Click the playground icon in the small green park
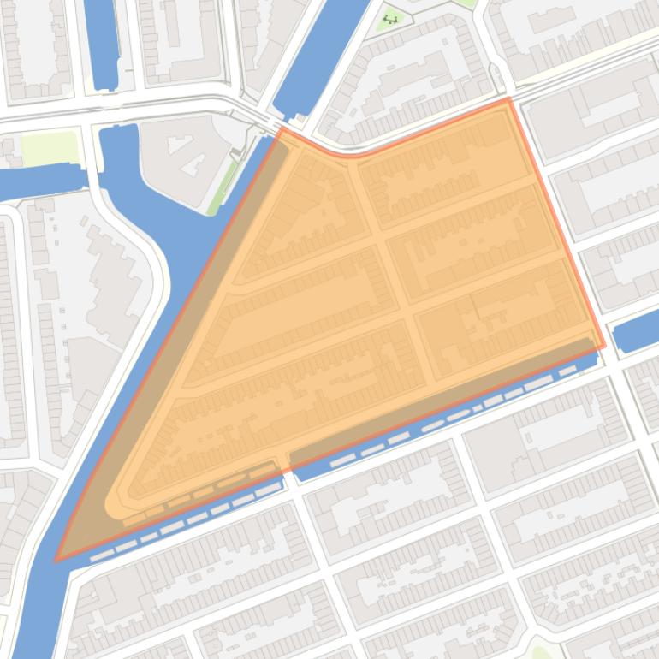tap(392, 18)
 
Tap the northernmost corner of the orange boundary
tap(508, 99)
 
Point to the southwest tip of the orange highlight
tap(56, 561)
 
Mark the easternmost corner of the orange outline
tap(604, 347)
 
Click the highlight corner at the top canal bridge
tap(280, 129)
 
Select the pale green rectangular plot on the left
tap(50, 148)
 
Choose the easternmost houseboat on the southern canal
tap(567, 371)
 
